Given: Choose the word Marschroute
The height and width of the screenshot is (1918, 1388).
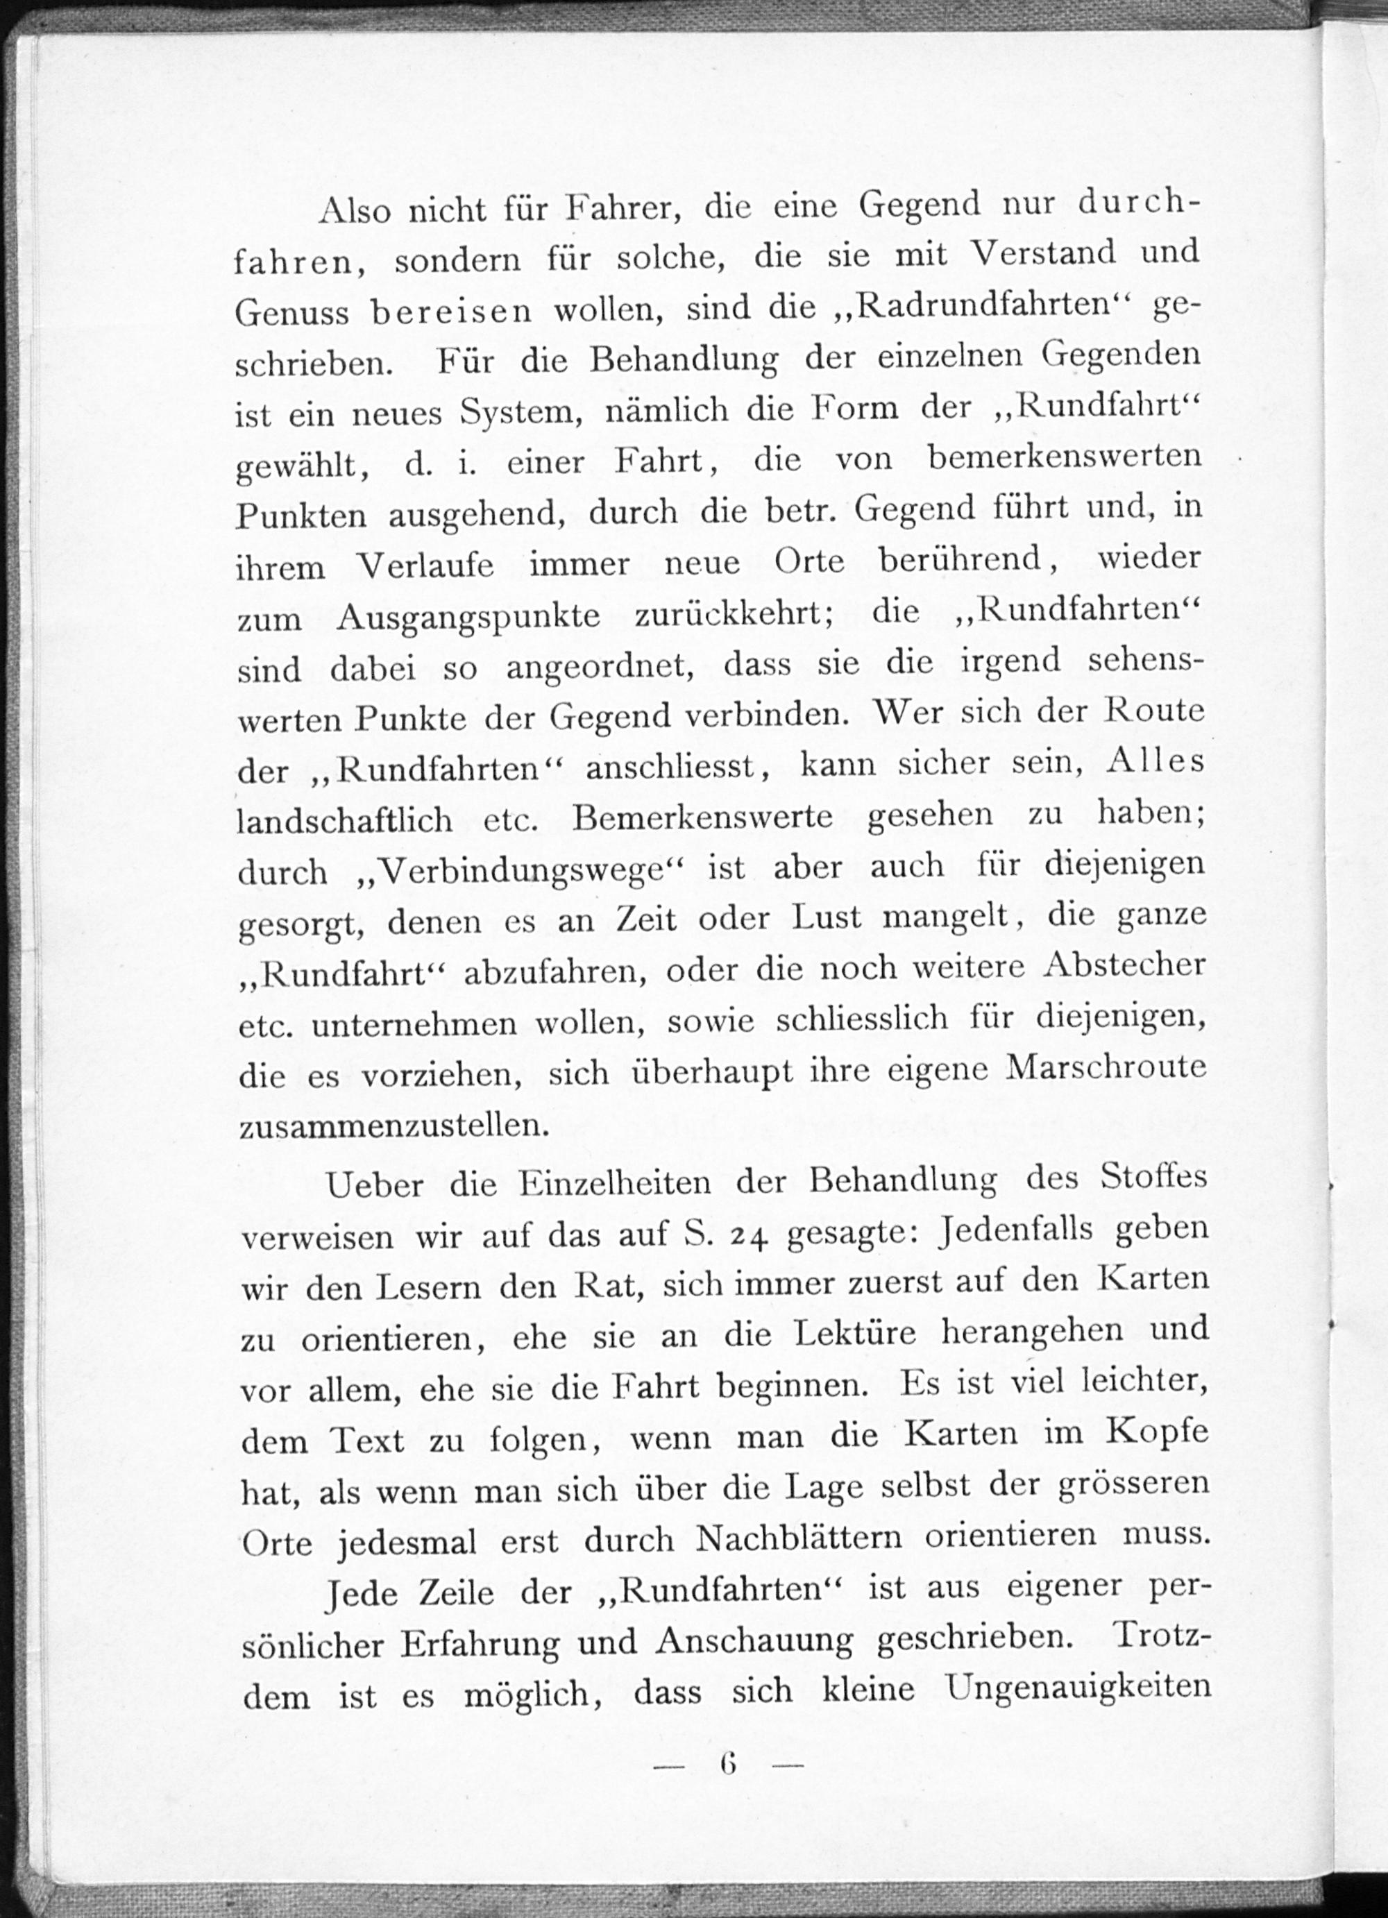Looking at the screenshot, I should click(x=1106, y=1068).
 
